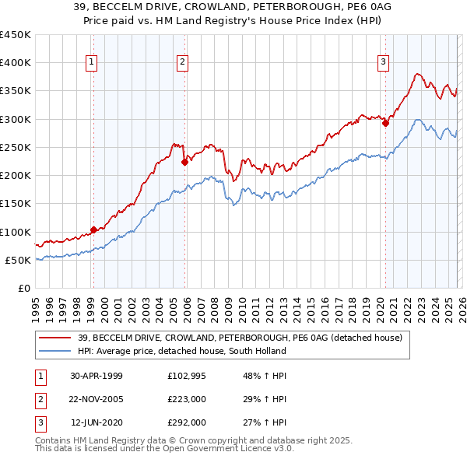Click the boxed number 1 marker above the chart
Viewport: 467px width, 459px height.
pyautogui.click(x=92, y=62)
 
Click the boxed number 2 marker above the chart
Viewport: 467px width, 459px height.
pyautogui.click(x=182, y=62)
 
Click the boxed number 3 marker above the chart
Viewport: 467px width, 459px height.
pyautogui.click(x=384, y=62)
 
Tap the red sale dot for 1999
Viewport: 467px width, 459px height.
pyautogui.click(x=93, y=229)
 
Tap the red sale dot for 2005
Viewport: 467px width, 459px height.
pyautogui.click(x=184, y=163)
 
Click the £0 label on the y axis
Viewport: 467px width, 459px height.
pyautogui.click(x=23, y=288)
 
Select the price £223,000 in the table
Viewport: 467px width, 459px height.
pyautogui.click(x=186, y=400)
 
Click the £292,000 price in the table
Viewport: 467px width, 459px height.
pyautogui.click(x=186, y=424)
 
